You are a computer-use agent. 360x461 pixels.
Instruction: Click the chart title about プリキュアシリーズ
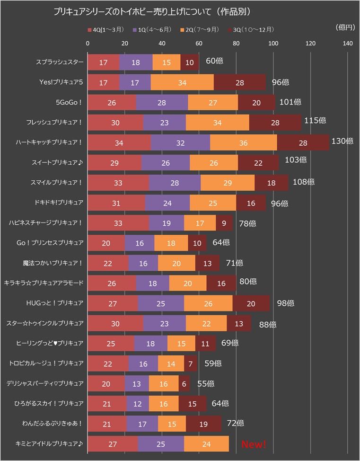(x=152, y=10)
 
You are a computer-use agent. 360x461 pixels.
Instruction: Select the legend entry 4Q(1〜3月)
(x=106, y=29)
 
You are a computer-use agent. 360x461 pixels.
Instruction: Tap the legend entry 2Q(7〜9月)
(x=201, y=29)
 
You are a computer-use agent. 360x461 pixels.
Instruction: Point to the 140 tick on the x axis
(x=348, y=43)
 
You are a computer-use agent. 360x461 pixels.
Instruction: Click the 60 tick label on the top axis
(x=199, y=43)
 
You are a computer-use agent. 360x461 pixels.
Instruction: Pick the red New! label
(x=254, y=444)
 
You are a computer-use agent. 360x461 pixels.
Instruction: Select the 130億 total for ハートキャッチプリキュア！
(x=342, y=141)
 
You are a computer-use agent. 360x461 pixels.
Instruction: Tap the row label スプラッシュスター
(x=60, y=62)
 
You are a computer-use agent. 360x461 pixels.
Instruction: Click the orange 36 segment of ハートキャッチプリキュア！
(x=244, y=142)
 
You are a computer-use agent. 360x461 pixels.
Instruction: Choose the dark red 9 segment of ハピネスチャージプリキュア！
(x=224, y=223)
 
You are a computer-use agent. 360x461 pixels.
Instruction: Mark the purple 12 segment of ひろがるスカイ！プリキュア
(x=138, y=404)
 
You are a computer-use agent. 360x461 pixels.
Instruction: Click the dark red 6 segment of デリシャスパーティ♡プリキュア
(x=184, y=384)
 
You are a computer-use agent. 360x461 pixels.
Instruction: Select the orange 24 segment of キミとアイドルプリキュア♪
(x=206, y=444)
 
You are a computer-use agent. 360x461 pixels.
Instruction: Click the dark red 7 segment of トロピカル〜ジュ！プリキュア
(x=191, y=363)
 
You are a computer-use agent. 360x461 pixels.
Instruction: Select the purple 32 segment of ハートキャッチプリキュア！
(x=180, y=142)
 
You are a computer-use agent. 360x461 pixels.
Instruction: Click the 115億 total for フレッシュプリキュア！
(x=314, y=121)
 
